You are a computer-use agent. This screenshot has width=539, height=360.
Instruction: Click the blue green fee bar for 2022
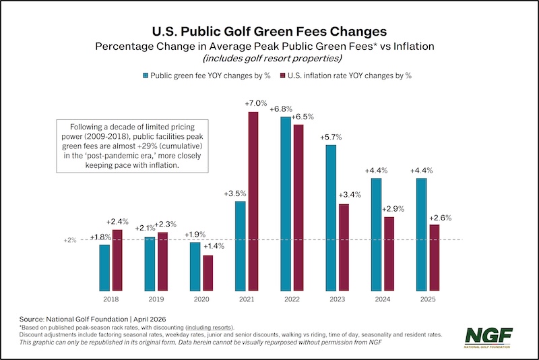tap(286, 203)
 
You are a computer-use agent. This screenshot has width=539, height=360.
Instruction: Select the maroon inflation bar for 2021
tap(253, 200)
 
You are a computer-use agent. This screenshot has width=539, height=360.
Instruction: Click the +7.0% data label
tap(253, 103)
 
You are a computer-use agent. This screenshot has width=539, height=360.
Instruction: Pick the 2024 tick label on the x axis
tap(383, 298)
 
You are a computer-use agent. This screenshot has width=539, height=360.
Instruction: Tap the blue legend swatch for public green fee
tap(146, 76)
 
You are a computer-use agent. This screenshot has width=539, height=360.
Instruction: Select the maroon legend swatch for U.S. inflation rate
tap(283, 76)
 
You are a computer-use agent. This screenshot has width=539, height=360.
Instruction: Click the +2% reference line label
tap(71, 240)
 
